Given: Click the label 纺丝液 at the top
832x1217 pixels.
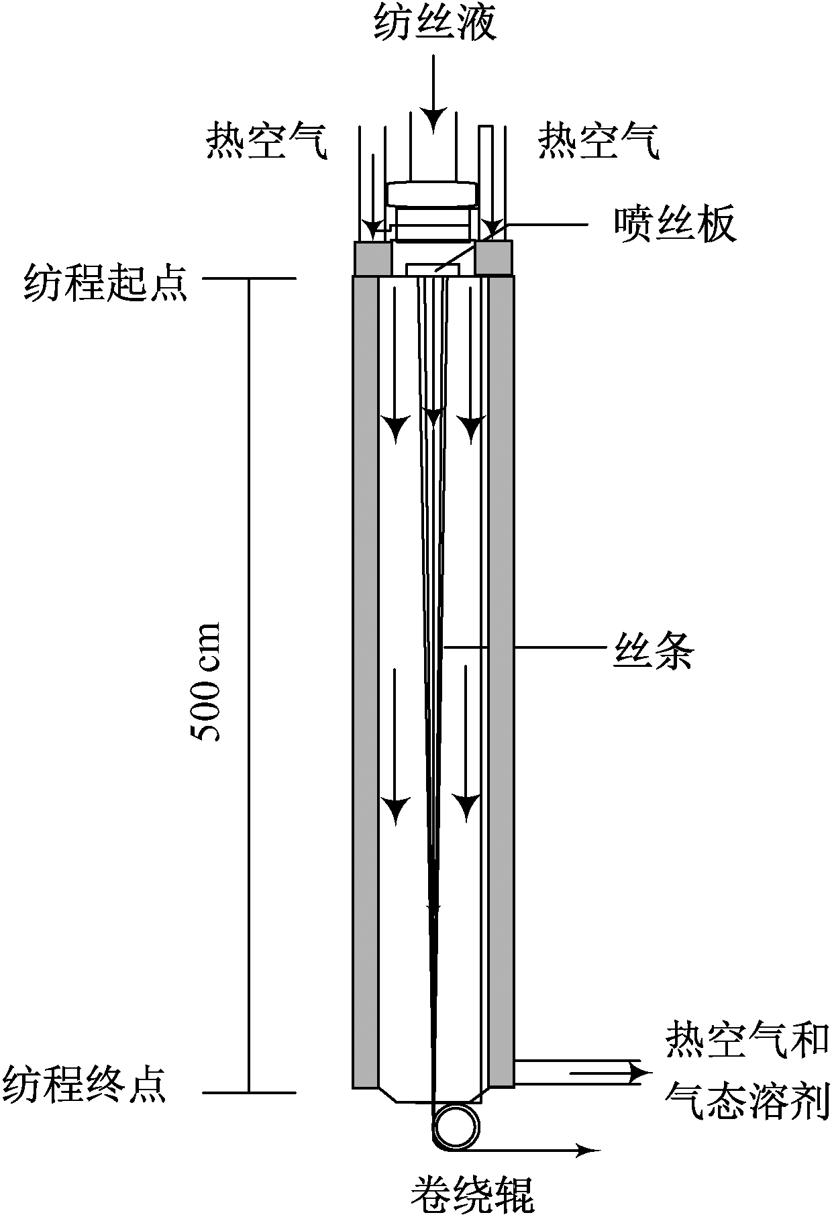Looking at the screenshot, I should click(x=435, y=25).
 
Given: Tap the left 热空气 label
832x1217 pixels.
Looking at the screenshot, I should click(x=267, y=141).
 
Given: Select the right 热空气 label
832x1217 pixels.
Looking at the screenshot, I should click(x=599, y=141).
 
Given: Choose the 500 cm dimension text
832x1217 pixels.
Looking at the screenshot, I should click(x=206, y=682).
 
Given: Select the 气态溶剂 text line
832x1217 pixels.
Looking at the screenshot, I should click(x=747, y=1100).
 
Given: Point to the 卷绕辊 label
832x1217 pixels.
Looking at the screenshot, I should click(x=472, y=1192).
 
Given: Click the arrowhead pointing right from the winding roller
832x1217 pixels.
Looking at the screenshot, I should click(x=588, y=1151).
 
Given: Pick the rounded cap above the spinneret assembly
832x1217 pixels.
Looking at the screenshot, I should click(x=433, y=194).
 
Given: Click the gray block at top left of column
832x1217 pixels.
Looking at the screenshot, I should click(x=372, y=258).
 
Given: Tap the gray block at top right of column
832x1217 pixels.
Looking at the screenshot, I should click(x=495, y=258).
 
